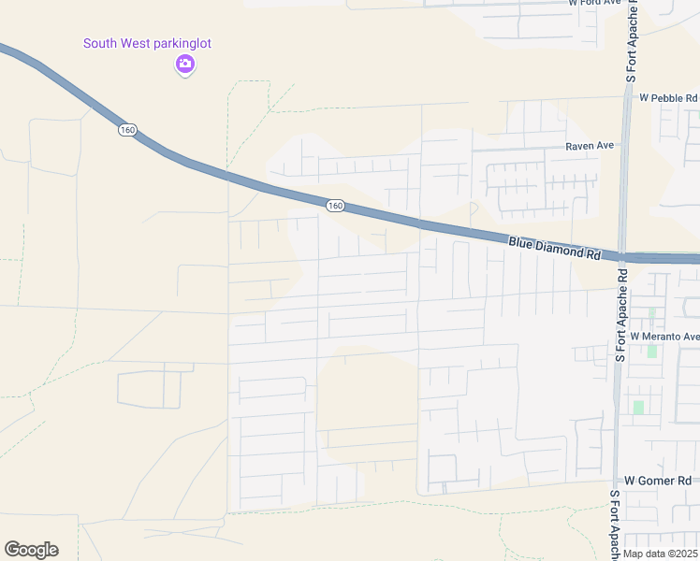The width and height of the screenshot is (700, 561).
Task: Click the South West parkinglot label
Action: click(x=147, y=43)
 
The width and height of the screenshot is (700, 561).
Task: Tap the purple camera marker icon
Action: click(x=185, y=64)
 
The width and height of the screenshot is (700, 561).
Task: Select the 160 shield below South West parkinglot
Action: click(x=127, y=129)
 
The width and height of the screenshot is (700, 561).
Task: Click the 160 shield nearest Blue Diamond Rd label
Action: click(x=336, y=206)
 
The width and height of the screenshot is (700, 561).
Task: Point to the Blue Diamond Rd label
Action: click(x=554, y=248)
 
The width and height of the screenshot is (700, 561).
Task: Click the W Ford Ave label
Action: click(x=595, y=3)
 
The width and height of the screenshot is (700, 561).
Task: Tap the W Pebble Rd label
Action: click(x=668, y=97)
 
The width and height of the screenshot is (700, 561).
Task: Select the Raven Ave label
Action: click(x=589, y=146)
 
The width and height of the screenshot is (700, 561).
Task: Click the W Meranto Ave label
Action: click(x=664, y=337)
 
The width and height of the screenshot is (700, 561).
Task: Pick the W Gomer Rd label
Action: click(x=657, y=480)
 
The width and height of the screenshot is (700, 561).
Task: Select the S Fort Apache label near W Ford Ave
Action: click(x=633, y=42)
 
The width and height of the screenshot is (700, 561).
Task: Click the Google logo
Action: click(x=31, y=550)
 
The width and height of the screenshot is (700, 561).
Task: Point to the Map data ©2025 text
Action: click(x=661, y=554)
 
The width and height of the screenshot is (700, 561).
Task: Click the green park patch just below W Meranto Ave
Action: click(x=651, y=351)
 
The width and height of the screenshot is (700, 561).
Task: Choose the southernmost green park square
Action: click(x=638, y=408)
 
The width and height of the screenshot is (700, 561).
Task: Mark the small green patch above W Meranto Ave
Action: click(x=651, y=313)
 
